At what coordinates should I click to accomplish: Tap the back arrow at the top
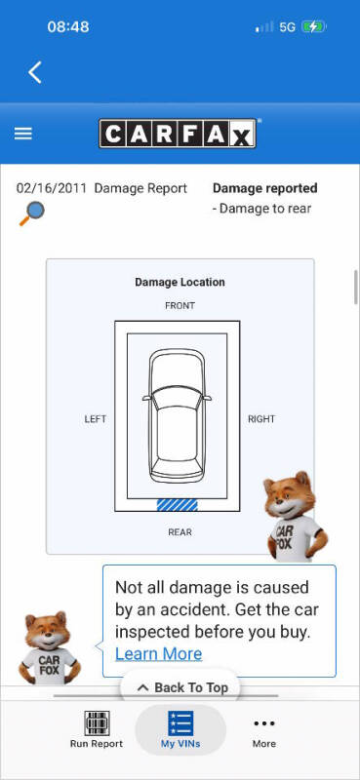[x=35, y=72]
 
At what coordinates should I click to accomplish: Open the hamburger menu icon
[x=22, y=134]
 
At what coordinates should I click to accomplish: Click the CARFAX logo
[x=178, y=134]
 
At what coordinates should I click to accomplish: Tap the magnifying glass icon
[x=32, y=214]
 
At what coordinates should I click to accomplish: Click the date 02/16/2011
[x=52, y=188]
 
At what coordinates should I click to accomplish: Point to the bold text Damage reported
[x=265, y=188]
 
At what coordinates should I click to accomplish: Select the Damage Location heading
[x=180, y=282]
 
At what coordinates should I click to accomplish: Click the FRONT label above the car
[x=180, y=305]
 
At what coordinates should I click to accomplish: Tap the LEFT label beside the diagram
[x=95, y=419]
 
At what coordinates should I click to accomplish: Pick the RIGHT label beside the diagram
[x=261, y=419]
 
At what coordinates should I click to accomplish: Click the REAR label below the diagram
[x=180, y=532]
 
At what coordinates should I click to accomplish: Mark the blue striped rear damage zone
[x=178, y=505]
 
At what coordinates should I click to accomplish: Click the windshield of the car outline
[x=177, y=399]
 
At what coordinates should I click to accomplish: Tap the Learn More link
[x=159, y=653]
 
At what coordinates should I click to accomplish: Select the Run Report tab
[x=97, y=729]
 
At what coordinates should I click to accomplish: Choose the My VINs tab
[x=180, y=729]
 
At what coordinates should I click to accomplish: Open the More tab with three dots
[x=263, y=730]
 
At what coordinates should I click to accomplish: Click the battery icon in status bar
[x=314, y=26]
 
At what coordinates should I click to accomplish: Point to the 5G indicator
[x=287, y=27]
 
